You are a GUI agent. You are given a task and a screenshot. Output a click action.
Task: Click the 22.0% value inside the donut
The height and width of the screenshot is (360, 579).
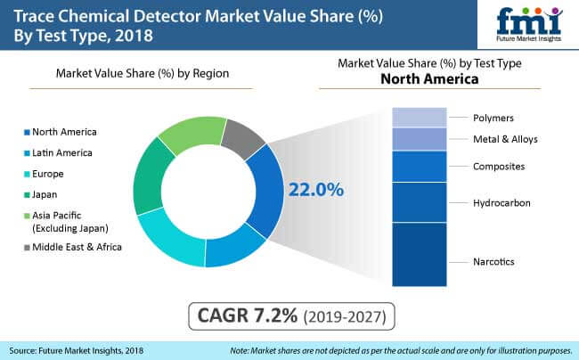(x=313, y=190)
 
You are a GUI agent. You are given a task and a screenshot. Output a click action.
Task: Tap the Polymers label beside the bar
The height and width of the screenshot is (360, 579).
(x=493, y=118)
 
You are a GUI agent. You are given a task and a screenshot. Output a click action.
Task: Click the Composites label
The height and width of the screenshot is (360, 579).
(x=498, y=166)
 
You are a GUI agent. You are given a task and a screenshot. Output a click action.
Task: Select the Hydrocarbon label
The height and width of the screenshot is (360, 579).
(x=501, y=203)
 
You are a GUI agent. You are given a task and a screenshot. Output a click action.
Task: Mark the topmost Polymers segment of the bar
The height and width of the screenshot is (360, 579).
(x=418, y=117)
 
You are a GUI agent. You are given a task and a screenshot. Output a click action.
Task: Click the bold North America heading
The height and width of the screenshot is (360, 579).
(x=430, y=78)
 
